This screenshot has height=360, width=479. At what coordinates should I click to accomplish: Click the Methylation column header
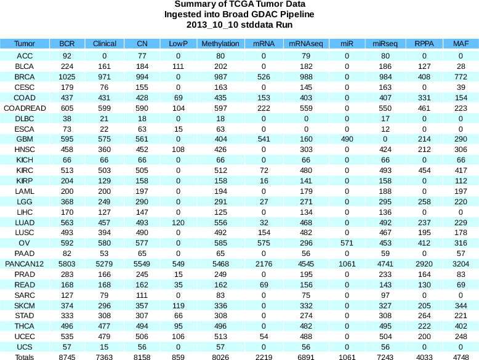[x=220, y=44]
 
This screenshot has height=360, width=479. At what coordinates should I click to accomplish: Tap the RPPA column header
[x=423, y=44]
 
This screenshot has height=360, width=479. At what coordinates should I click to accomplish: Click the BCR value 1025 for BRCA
[x=67, y=76]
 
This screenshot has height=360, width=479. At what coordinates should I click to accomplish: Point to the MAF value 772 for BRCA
[x=460, y=76]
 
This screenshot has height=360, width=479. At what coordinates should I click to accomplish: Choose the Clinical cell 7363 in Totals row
[x=105, y=357]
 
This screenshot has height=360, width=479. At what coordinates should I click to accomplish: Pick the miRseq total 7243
[x=385, y=357]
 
